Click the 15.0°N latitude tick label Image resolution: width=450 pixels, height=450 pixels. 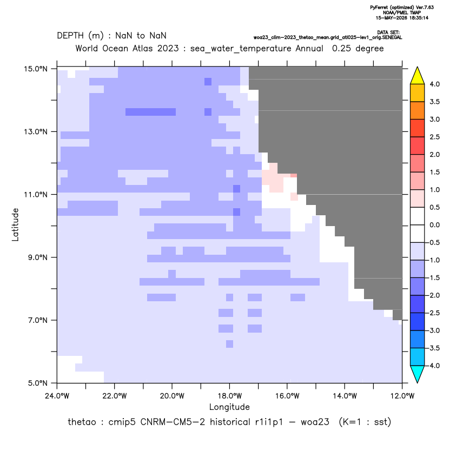(36, 69)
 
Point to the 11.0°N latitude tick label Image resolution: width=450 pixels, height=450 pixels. (36, 195)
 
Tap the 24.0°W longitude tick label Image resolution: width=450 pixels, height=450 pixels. (57, 396)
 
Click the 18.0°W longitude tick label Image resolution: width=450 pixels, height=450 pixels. (229, 396)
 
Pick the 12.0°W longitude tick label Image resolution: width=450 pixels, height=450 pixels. (402, 396)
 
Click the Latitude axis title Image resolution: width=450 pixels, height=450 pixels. (15, 224)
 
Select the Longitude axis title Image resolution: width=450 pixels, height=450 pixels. (229, 407)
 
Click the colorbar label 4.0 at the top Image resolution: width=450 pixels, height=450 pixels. (434, 84)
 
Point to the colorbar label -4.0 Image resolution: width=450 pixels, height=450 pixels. (433, 366)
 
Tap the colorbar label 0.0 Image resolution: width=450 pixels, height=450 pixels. (434, 225)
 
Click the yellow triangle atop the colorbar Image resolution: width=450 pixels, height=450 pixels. (418, 76)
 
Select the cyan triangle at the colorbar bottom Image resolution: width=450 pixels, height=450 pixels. (418, 374)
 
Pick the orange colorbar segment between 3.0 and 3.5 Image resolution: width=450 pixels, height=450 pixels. (418, 110)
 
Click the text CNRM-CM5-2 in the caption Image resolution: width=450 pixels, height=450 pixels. (173, 422)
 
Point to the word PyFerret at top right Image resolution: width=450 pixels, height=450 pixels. (379, 8)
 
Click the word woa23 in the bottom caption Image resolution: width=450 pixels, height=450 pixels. (315, 422)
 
